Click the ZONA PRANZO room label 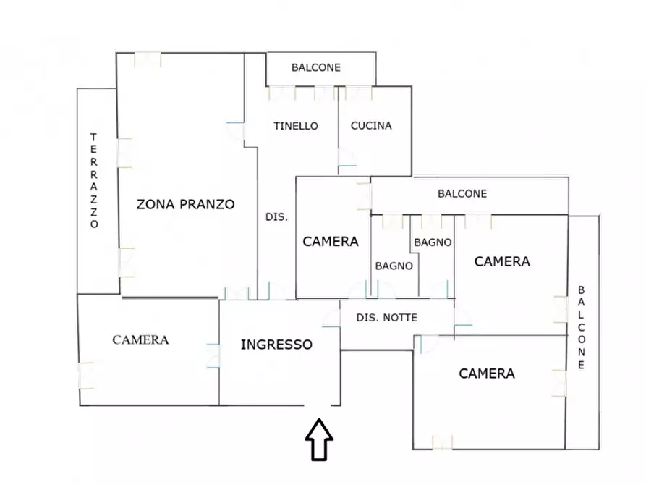point(186,204)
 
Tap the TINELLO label point(296,125)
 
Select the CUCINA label point(371,125)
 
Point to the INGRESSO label point(276,345)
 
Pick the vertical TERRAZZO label point(93,180)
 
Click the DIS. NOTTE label point(388,317)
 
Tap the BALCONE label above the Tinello point(316,67)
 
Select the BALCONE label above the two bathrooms point(462,193)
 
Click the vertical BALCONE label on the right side point(582,328)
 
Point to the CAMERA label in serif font point(140,339)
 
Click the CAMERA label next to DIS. point(331,242)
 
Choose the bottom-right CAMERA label point(487,374)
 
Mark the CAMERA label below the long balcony point(502,261)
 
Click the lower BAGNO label point(394,266)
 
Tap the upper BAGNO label point(433,242)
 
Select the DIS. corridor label point(276,216)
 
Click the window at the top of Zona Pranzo point(147,59)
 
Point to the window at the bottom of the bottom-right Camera point(442,442)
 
